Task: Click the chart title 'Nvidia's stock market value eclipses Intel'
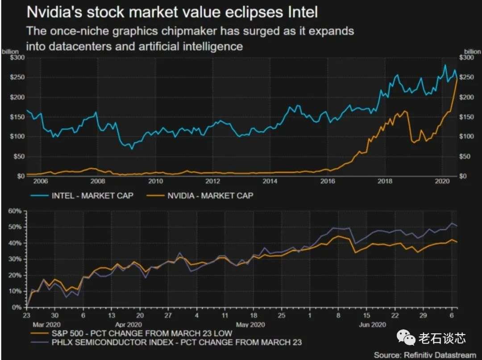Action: (172, 12)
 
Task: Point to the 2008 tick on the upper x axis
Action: (98, 181)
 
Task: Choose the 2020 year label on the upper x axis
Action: (442, 181)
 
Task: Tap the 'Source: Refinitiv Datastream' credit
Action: (426, 355)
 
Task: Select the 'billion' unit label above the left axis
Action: (10, 52)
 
